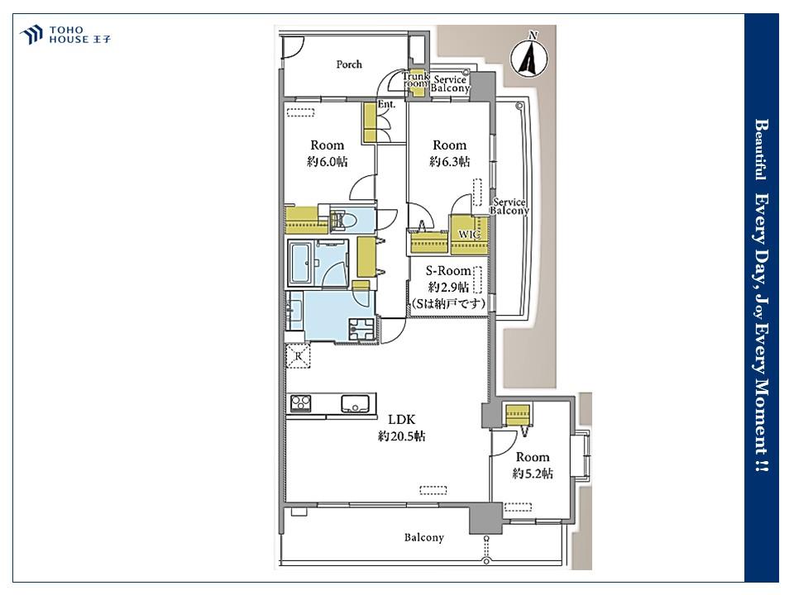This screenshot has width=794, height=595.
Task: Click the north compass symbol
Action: tap(529, 55)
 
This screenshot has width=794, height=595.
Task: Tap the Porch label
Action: tap(349, 64)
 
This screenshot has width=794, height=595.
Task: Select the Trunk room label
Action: tap(416, 80)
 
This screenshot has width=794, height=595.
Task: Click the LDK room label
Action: tap(402, 420)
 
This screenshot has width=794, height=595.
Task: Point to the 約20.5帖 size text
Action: tap(402, 436)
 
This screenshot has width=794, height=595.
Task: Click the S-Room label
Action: tap(448, 271)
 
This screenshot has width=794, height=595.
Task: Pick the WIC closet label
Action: tap(469, 234)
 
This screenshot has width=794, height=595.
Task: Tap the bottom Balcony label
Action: tap(423, 537)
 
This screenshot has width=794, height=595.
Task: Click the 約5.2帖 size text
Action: tap(532, 474)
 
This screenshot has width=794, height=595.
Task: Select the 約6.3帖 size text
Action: tap(450, 162)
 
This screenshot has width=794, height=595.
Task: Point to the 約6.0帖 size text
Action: tap(328, 162)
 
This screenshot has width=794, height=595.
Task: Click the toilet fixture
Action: tap(344, 220)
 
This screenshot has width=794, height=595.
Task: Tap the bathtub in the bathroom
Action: tap(302, 262)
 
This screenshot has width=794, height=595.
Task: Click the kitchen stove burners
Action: tap(300, 403)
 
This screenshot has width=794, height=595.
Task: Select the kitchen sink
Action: tap(355, 403)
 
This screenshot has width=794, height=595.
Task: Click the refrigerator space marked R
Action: tap(299, 355)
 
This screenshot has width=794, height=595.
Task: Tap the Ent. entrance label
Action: tap(386, 105)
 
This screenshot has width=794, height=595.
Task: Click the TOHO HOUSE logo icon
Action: tap(31, 35)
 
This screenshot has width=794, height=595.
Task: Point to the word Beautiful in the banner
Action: tap(761, 150)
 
